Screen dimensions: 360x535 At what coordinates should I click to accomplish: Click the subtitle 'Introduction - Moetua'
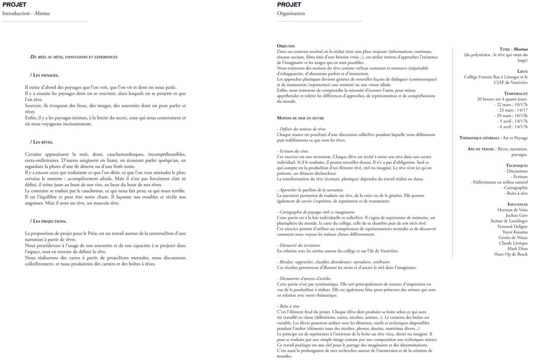pos(26,13)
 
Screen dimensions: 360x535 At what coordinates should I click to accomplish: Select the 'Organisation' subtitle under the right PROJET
pos(291,13)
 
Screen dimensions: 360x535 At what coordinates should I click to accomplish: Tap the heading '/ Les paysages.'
pos(45,75)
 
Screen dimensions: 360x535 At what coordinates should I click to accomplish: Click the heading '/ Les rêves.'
pos(42,142)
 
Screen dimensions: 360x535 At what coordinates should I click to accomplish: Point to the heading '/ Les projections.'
pos(49,221)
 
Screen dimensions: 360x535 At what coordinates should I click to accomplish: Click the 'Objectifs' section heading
pos(286,46)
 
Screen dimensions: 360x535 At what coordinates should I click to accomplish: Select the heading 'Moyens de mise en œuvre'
pos(300,118)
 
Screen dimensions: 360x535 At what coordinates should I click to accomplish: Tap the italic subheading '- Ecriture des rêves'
pos(292,151)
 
